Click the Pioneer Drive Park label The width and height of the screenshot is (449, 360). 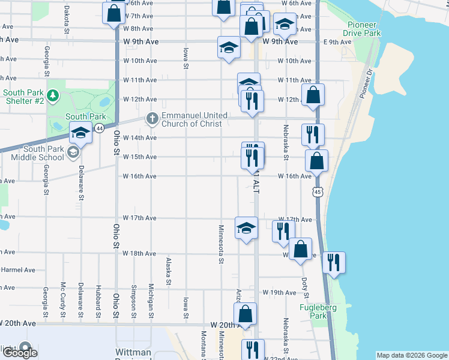(363, 29)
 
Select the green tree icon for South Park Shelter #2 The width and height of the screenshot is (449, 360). (52, 95)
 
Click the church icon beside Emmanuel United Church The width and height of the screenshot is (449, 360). (152, 119)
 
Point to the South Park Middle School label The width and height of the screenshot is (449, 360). (37, 153)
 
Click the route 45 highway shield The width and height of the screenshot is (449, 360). (316, 191)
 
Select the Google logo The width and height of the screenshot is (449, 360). (20, 352)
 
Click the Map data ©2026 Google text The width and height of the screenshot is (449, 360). (412, 355)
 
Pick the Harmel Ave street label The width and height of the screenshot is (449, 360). (18, 270)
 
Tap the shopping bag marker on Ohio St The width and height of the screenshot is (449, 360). (113, 14)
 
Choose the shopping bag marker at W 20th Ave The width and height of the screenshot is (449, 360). (245, 314)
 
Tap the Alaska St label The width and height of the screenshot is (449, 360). (168, 271)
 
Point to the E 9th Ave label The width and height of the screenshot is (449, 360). (337, 42)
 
